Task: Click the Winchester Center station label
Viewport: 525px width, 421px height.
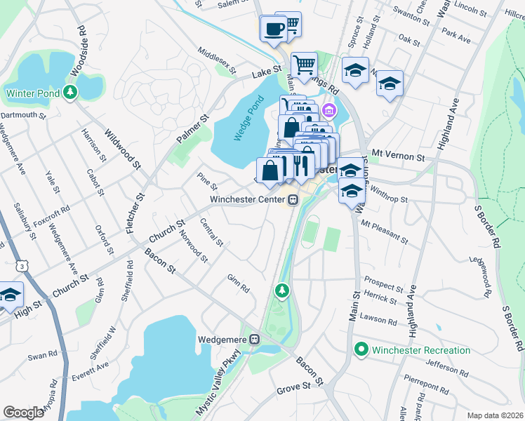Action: point(248,200)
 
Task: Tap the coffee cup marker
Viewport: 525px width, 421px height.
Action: point(273,29)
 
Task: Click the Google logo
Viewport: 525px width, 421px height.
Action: point(24,412)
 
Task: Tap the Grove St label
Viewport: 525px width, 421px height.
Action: point(293,387)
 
